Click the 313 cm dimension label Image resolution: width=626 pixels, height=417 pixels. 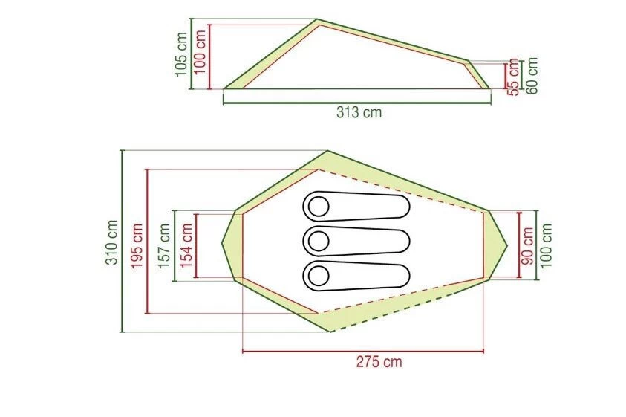[359, 112]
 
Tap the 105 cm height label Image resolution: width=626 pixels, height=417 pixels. [181, 54]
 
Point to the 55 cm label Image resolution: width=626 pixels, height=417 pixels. [514, 77]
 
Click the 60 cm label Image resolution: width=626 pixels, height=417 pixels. [532, 76]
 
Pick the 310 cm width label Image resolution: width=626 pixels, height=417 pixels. [112, 242]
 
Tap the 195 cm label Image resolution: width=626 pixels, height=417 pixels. [137, 246]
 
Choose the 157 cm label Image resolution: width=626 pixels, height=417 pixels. [165, 246]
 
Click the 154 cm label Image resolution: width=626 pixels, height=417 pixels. [187, 246]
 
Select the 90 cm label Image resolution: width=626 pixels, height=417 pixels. [528, 245]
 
